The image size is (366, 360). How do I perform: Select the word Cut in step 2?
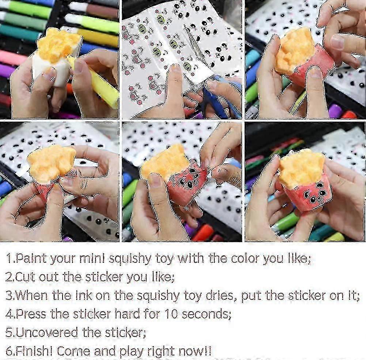25,277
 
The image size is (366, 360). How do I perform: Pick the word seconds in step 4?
205,314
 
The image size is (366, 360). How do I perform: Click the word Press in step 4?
31,314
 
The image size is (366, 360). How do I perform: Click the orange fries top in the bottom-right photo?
302,168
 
